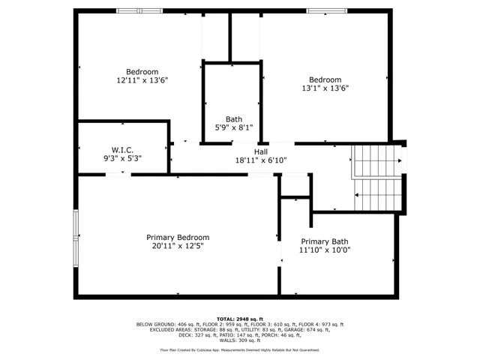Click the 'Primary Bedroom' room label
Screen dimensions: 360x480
(177, 237)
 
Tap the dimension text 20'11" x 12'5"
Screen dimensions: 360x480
(177, 245)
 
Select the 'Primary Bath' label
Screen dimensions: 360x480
(324, 241)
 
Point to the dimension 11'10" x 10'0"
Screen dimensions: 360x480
(324, 250)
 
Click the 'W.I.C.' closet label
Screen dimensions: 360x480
(122, 149)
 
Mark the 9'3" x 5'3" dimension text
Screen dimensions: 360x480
(122, 157)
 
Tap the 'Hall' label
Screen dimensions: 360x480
(260, 151)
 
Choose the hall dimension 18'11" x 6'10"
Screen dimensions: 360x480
(260, 160)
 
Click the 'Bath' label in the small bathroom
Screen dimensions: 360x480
(234, 119)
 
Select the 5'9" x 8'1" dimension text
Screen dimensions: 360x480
(234, 127)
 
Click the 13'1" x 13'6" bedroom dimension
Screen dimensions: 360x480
(325, 88)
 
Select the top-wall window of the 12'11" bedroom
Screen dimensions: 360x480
(139, 11)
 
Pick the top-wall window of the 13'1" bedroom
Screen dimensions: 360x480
(326, 11)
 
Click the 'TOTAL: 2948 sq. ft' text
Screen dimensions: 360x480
(240, 319)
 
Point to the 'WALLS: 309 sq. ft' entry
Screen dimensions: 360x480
(240, 342)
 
